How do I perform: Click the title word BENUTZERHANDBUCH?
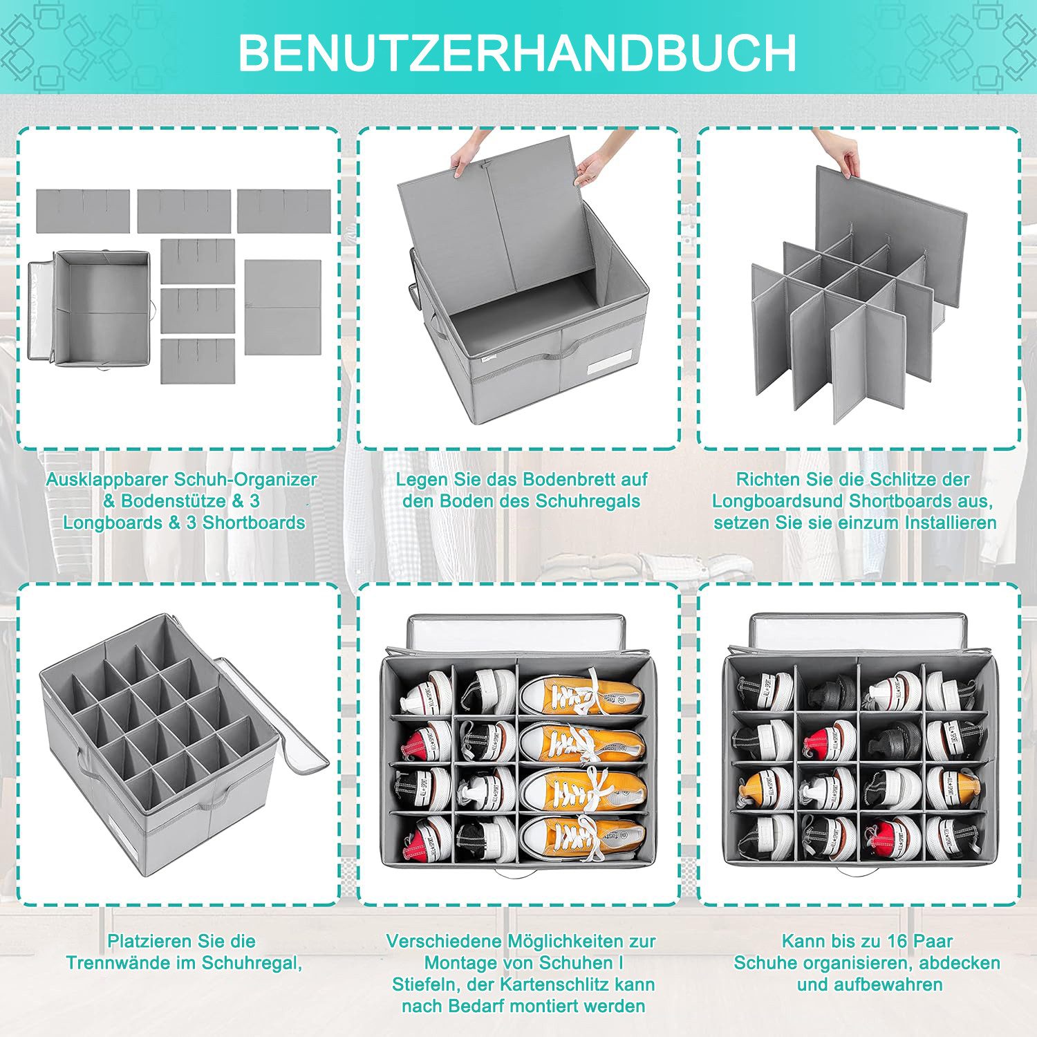coord(517,53)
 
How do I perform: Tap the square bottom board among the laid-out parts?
coord(283,307)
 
